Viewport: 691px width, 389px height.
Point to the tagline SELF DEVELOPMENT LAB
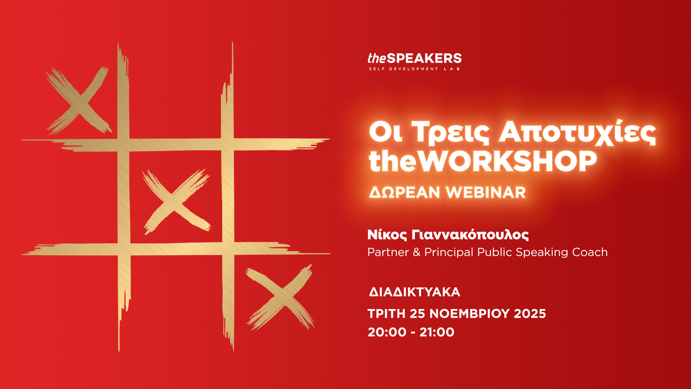point(414,69)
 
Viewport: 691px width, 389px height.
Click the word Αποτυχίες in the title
point(578,133)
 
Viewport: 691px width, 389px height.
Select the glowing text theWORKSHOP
point(483,161)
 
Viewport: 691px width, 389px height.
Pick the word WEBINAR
point(486,192)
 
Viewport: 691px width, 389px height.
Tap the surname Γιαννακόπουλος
point(470,235)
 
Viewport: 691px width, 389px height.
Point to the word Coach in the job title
point(590,252)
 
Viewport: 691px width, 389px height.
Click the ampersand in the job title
point(417,252)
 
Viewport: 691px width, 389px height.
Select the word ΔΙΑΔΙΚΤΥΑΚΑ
point(415,292)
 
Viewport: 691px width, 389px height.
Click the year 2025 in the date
point(530,314)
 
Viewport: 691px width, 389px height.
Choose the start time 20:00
point(387,332)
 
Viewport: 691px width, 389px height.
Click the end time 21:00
point(437,332)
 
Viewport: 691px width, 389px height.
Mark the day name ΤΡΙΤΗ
point(387,314)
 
